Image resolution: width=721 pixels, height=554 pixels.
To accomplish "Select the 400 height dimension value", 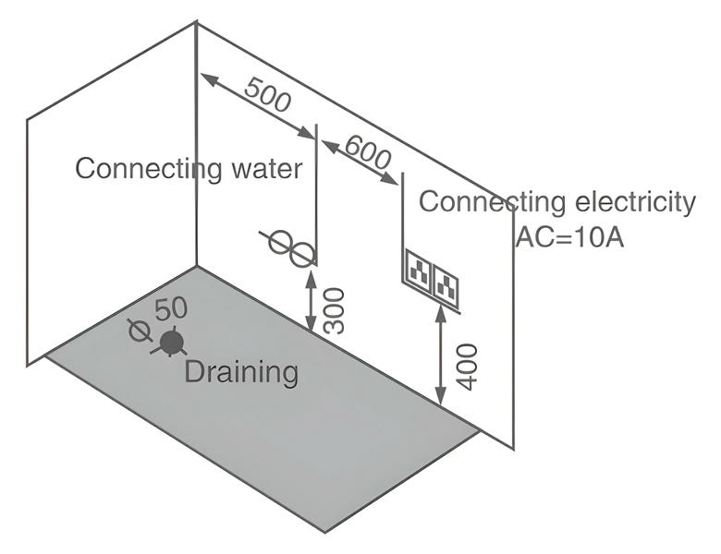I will click(x=468, y=366).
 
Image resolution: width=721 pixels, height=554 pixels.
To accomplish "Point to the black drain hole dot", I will click(x=170, y=343).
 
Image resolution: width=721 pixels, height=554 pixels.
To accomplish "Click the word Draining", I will click(x=241, y=373).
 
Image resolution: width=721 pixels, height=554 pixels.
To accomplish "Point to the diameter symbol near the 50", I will click(x=140, y=331).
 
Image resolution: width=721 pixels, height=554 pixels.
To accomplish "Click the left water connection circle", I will click(x=280, y=242).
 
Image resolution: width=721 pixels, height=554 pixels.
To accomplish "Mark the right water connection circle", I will click(x=302, y=253).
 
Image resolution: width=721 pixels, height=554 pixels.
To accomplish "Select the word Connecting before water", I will click(x=137, y=169).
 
